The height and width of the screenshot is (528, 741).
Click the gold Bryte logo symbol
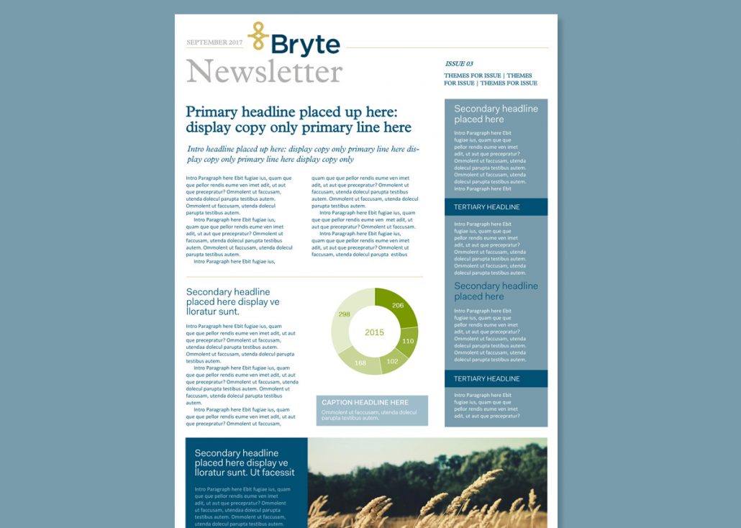point(258,36)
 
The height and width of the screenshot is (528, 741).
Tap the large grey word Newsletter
point(264,72)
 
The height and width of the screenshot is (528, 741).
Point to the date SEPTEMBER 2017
point(214,42)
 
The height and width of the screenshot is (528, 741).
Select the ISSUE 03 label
point(459,64)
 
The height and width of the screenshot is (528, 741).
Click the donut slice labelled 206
point(398,305)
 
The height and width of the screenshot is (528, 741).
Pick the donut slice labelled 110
point(409,341)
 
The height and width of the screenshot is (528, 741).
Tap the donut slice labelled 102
point(393,361)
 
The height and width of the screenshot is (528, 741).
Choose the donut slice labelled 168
point(360,363)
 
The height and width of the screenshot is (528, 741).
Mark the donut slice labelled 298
point(344,315)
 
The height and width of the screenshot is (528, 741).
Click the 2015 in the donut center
point(374,332)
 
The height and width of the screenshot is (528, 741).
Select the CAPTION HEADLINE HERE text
point(365,403)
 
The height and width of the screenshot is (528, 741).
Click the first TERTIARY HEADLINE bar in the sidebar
point(496,207)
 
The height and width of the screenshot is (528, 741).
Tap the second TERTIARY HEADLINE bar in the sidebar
point(496,378)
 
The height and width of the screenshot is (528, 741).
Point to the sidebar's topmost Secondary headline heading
point(496,114)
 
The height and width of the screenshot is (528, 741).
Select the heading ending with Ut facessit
point(245,463)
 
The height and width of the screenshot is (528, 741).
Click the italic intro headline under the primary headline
point(302,154)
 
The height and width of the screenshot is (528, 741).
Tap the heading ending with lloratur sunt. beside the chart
point(232,301)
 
